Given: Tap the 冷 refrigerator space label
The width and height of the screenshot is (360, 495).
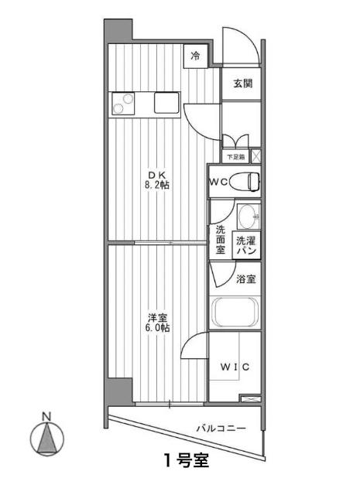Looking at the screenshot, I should click(x=195, y=56).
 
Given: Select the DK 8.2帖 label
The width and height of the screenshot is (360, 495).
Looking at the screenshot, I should click(x=159, y=180).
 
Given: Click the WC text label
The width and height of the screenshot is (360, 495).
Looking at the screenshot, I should click(x=218, y=182).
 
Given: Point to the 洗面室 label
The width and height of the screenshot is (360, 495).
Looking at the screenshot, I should click(x=220, y=239).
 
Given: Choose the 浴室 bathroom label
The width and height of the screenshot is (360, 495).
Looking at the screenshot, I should click(x=246, y=278).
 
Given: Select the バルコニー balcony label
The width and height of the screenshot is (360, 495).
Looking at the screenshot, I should click(x=221, y=428).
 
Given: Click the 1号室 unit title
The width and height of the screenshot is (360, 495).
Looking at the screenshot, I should click(x=186, y=461).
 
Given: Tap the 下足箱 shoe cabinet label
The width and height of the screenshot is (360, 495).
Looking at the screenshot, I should click(x=235, y=156).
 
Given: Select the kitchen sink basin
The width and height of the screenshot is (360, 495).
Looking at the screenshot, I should click(x=166, y=102).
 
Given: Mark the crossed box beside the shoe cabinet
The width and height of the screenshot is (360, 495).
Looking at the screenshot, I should click(x=256, y=156).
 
